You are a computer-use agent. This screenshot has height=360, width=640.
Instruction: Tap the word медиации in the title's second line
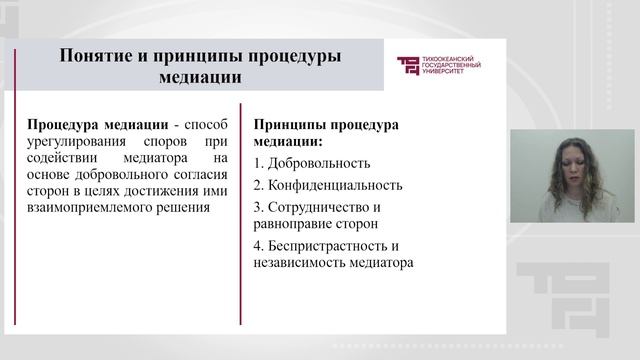(199, 76)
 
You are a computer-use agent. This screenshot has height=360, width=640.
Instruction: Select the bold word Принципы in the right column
(289, 124)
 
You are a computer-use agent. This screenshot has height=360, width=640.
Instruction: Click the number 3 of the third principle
(258, 207)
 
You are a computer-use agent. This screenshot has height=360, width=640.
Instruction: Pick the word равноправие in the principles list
(295, 224)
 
